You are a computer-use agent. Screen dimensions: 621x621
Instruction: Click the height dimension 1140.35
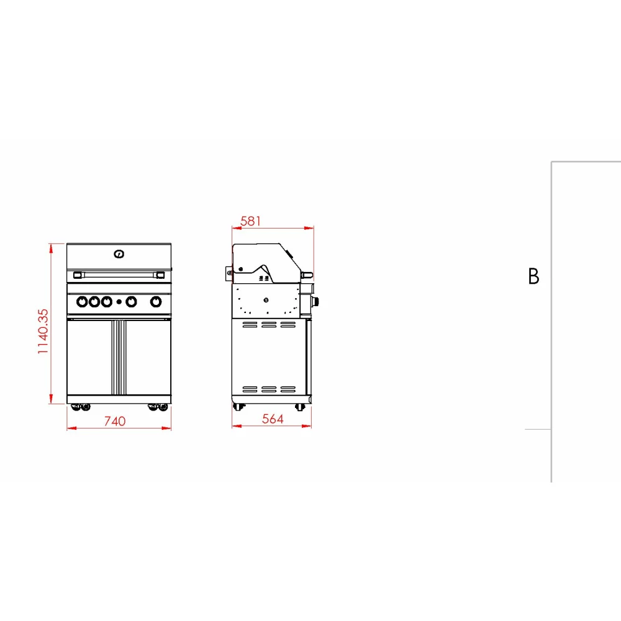point(43,332)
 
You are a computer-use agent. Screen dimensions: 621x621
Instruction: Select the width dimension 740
point(115,421)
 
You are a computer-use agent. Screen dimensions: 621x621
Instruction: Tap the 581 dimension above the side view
point(251,221)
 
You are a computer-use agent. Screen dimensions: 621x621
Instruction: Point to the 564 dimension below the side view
point(273,419)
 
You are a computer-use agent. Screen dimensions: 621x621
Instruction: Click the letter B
point(533,276)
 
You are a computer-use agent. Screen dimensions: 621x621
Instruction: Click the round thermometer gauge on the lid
point(119,254)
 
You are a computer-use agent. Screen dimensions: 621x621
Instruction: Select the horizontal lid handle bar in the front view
point(119,274)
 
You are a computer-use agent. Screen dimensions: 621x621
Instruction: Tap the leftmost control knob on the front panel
point(82,302)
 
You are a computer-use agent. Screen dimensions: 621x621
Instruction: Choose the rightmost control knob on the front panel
point(156,302)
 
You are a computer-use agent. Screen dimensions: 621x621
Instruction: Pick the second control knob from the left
point(94,302)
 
